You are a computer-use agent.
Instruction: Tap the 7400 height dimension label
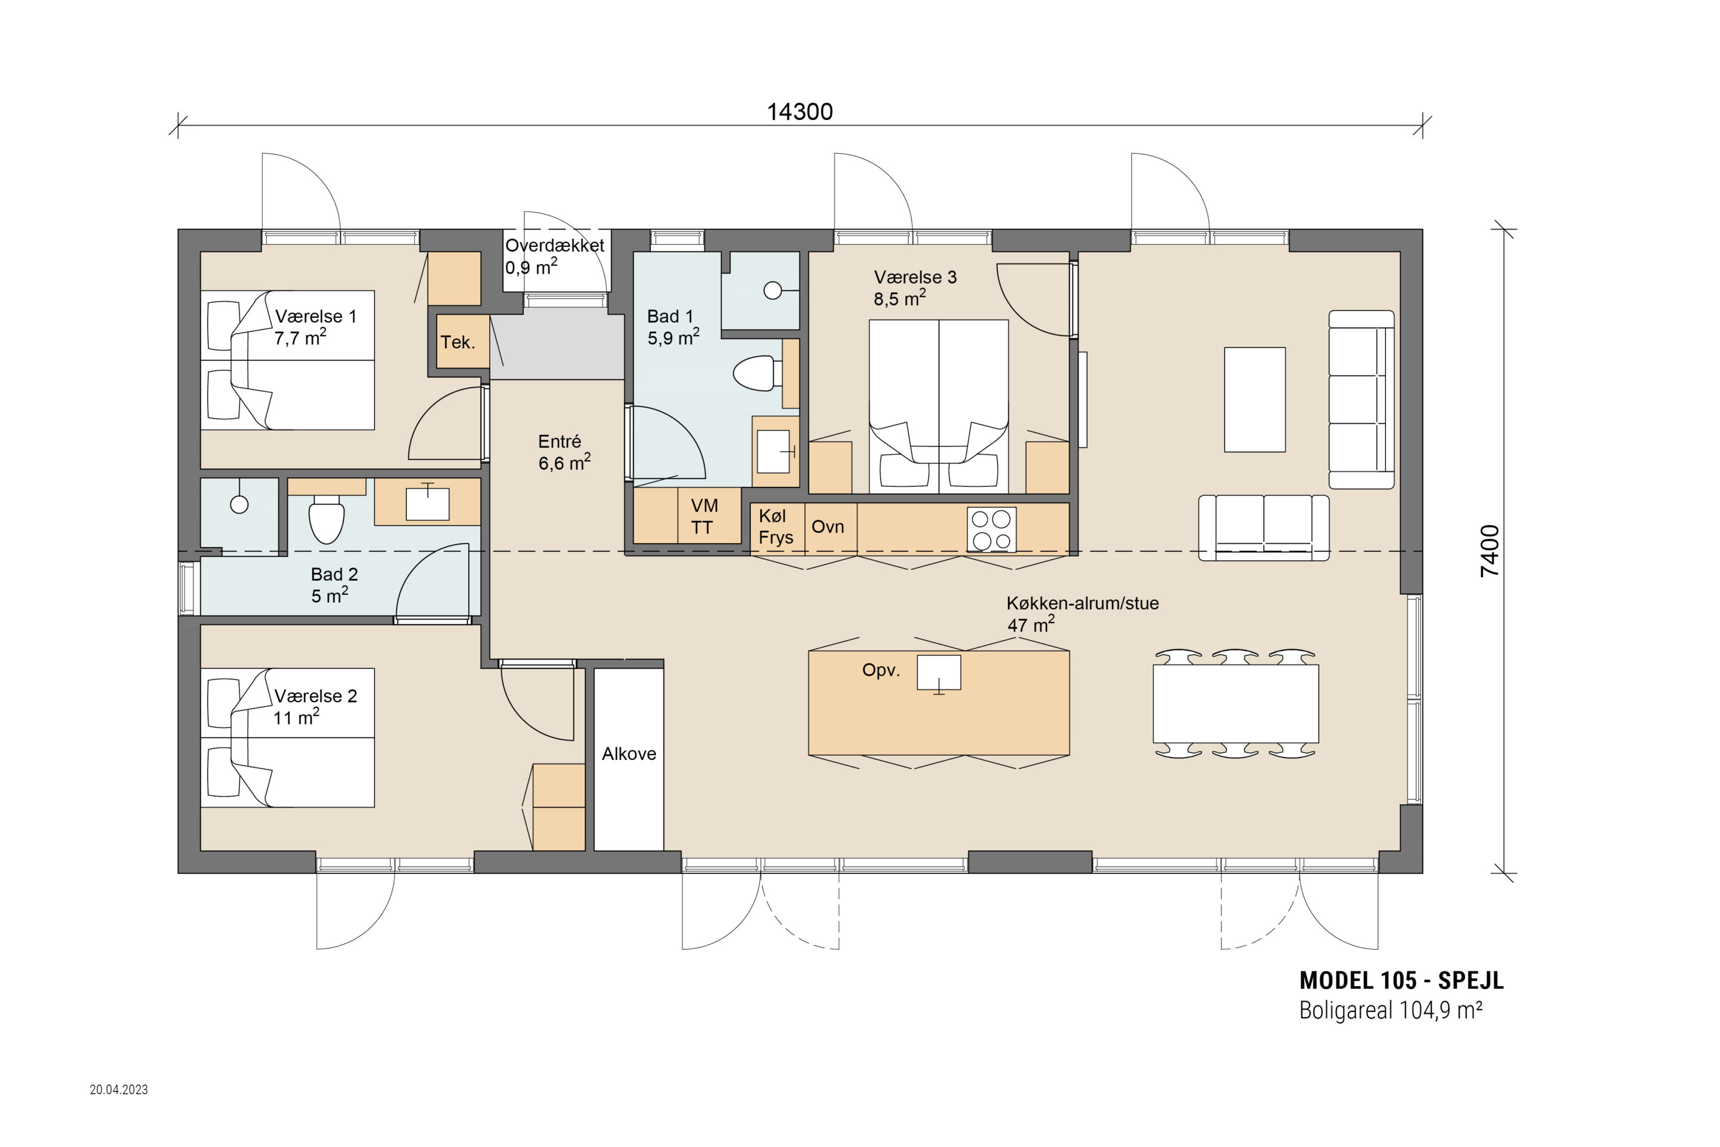click(1489, 551)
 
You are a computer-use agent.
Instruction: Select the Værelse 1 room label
click(315, 317)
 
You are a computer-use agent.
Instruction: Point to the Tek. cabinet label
click(458, 342)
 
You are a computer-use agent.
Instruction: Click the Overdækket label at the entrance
click(554, 246)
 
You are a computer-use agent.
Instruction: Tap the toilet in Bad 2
click(326, 519)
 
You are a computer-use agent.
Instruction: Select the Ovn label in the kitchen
click(828, 527)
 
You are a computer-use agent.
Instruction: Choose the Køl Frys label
click(775, 527)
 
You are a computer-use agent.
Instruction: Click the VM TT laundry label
click(704, 516)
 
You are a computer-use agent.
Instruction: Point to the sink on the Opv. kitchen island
click(939, 674)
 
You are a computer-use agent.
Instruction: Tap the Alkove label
click(629, 754)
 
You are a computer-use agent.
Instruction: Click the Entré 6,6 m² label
click(564, 452)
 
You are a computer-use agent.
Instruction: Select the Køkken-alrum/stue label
click(1082, 603)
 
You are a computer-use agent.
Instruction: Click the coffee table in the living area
click(1255, 400)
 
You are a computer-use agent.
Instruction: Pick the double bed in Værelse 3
click(939, 406)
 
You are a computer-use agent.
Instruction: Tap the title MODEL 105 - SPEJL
click(1401, 980)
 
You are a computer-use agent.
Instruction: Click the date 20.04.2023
click(118, 1089)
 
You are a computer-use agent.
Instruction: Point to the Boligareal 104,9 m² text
click(1390, 1010)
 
